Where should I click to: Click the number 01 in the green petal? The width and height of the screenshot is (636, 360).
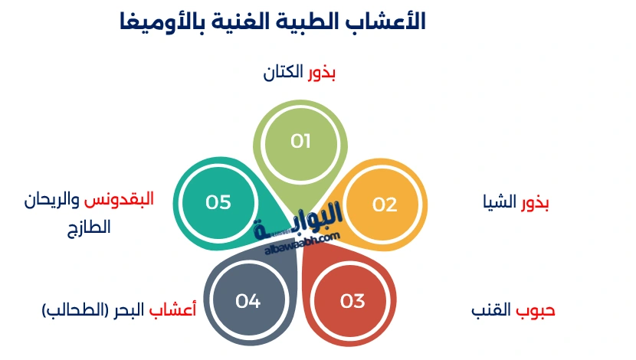300,141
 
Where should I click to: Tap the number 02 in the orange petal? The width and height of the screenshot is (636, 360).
385,205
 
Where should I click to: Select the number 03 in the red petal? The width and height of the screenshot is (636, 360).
352,301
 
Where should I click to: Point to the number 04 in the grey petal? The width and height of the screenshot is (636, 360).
248,301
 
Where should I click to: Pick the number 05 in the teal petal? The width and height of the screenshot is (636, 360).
218,202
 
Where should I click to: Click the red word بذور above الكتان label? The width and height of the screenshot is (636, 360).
322,74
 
